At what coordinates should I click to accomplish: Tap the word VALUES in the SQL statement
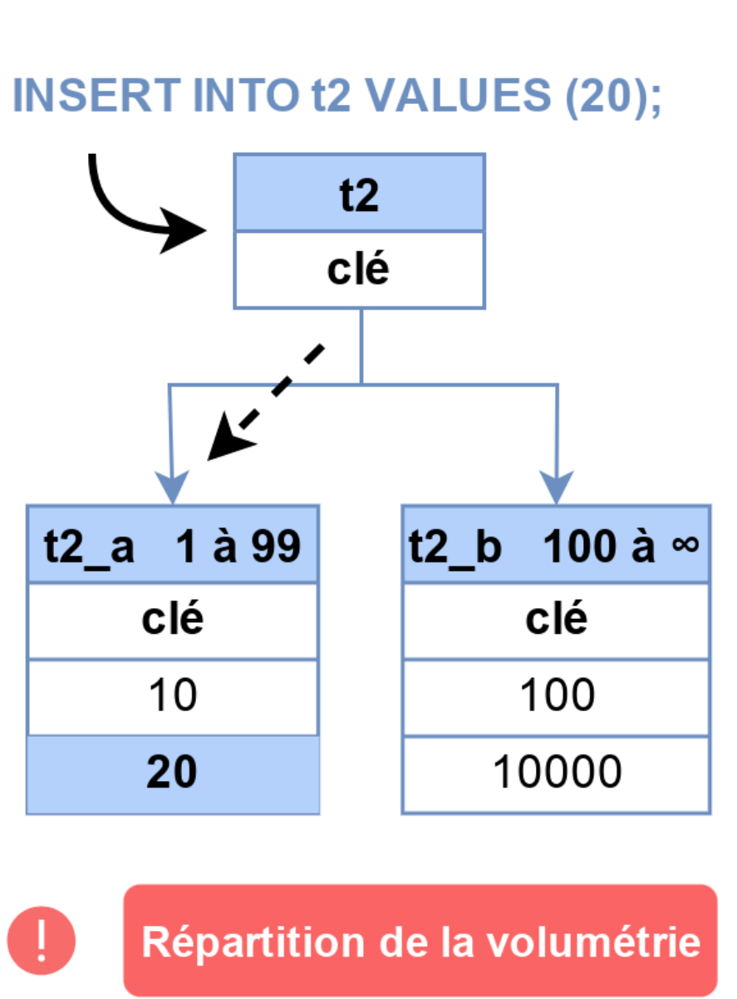point(458,95)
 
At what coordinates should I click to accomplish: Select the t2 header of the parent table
point(359,193)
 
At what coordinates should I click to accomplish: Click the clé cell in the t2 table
point(359,270)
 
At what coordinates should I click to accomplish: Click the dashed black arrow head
point(229,438)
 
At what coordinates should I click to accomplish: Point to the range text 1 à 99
point(238,546)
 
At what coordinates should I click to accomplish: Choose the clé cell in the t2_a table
point(173,621)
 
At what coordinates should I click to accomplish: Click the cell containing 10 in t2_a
point(173,698)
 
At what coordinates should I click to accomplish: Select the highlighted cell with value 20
point(173,774)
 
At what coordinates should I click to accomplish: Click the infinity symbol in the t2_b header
point(685,544)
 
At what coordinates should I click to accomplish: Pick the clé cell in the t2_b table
point(556,621)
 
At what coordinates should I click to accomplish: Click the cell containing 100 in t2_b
point(556,698)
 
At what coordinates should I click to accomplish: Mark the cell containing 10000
point(556,774)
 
